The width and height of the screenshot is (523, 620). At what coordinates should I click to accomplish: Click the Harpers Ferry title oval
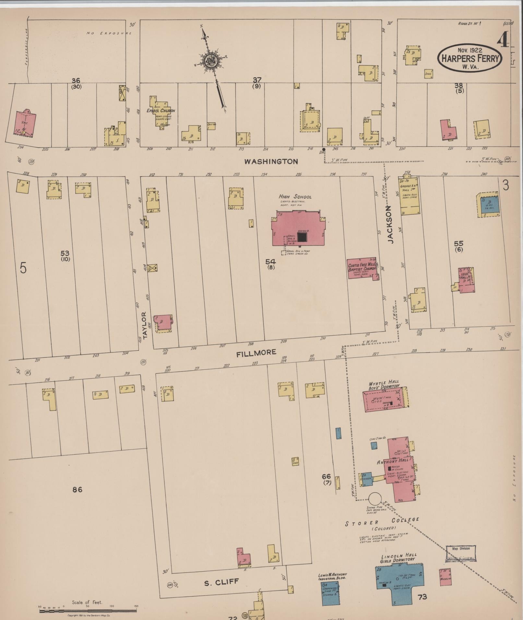pos(470,58)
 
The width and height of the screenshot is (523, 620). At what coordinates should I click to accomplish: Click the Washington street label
pos(271,161)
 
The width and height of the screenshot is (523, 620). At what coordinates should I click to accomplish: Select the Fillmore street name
pos(256,353)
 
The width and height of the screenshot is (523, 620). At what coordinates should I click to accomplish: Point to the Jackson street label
pos(390,225)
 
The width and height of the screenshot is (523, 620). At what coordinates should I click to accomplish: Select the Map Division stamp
pos(460,553)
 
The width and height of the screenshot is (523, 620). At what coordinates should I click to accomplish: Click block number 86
pos(77,489)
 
